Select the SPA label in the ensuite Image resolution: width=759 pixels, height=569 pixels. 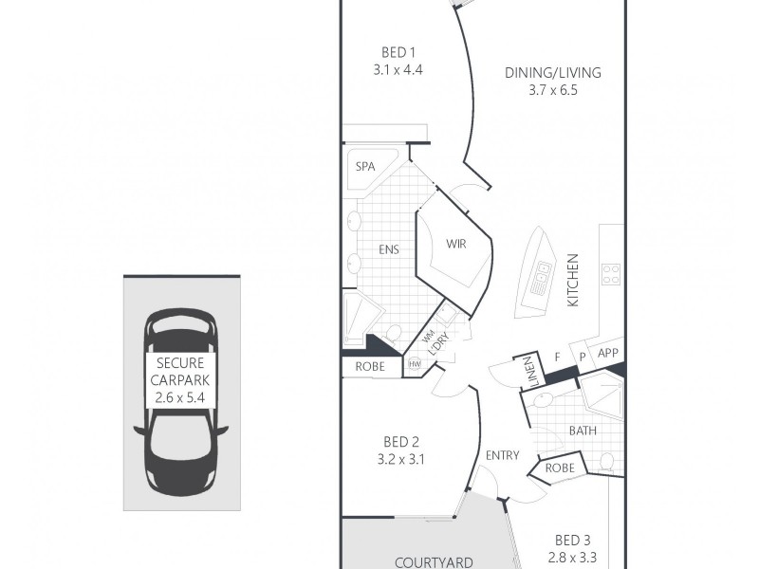pos(365,167)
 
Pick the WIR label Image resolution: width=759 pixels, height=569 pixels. pos(457,244)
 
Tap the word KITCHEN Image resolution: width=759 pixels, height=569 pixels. pos(573,280)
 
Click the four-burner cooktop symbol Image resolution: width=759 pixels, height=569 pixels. pos(611,275)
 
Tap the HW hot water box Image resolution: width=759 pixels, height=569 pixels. pos(415,363)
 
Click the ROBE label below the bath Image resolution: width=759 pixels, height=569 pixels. pos(559,468)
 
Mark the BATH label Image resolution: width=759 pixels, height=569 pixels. pos(582,431)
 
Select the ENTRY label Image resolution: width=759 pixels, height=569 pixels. pos(502,455)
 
